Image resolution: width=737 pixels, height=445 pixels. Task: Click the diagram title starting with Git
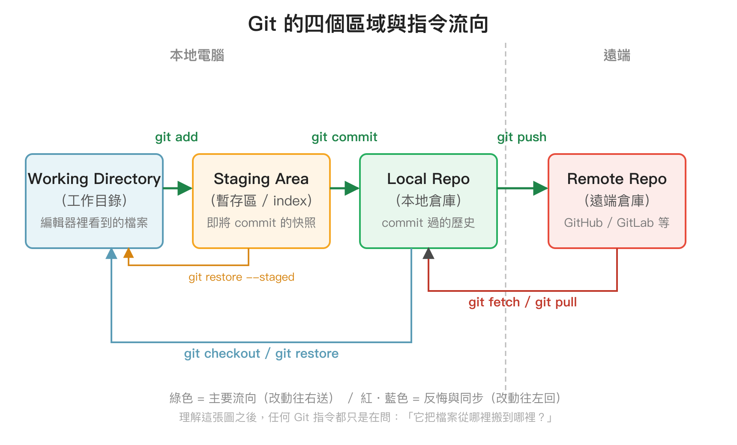368,24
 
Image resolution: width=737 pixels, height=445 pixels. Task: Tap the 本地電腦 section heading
197,56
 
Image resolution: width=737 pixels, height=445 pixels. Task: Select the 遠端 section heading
617,56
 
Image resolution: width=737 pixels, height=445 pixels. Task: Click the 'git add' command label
176,137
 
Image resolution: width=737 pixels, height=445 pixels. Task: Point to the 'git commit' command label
344,137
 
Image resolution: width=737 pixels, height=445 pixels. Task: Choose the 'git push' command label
521,137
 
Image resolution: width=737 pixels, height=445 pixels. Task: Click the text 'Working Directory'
94,179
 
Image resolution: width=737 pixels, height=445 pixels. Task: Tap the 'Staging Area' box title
261,179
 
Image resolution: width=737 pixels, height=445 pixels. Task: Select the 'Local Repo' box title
428,179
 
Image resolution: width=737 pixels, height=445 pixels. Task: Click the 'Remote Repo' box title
617,179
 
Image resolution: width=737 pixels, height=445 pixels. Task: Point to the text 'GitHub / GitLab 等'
617,222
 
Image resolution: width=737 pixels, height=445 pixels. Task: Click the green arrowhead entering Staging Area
185,188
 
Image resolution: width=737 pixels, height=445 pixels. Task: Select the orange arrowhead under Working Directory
129,253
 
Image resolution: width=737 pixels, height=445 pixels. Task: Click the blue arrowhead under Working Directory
111,254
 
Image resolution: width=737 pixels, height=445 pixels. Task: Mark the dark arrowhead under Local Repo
428,254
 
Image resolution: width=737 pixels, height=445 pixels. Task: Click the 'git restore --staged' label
241,277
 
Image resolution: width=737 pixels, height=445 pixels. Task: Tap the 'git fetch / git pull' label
522,303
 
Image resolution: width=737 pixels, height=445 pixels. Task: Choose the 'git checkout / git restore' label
261,353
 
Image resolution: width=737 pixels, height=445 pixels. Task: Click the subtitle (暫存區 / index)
261,201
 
